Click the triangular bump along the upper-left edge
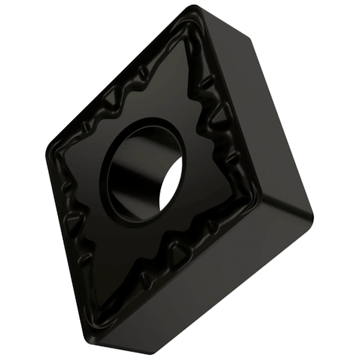(113, 97)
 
